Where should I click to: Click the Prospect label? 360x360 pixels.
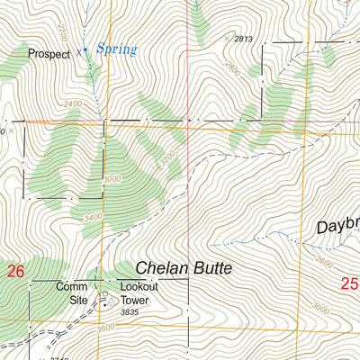[x=49, y=53]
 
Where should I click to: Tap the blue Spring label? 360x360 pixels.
[x=117, y=50]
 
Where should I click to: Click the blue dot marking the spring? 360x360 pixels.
[x=85, y=50]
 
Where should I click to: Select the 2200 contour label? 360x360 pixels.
[x=62, y=33]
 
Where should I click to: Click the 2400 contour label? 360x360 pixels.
[x=75, y=103]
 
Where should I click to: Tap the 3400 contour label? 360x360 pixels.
[x=90, y=218]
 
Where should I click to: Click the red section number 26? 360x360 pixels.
[x=14, y=270]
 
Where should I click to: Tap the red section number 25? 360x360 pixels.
[x=350, y=284]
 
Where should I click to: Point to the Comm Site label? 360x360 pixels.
[x=71, y=292]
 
